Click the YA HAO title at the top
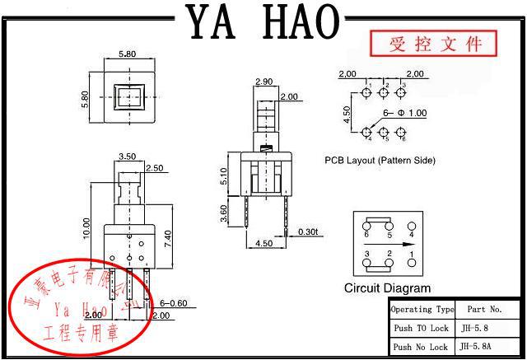pos(263,21)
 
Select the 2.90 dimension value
pos(264,82)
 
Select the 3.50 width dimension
pos(128,156)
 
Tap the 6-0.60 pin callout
pos(174,303)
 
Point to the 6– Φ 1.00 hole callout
pos(404,113)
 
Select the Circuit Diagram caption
pos(387,288)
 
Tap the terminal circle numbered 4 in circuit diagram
pos(411,224)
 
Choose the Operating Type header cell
pos(422,310)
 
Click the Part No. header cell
pos(484,310)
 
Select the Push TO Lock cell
pos(421,328)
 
